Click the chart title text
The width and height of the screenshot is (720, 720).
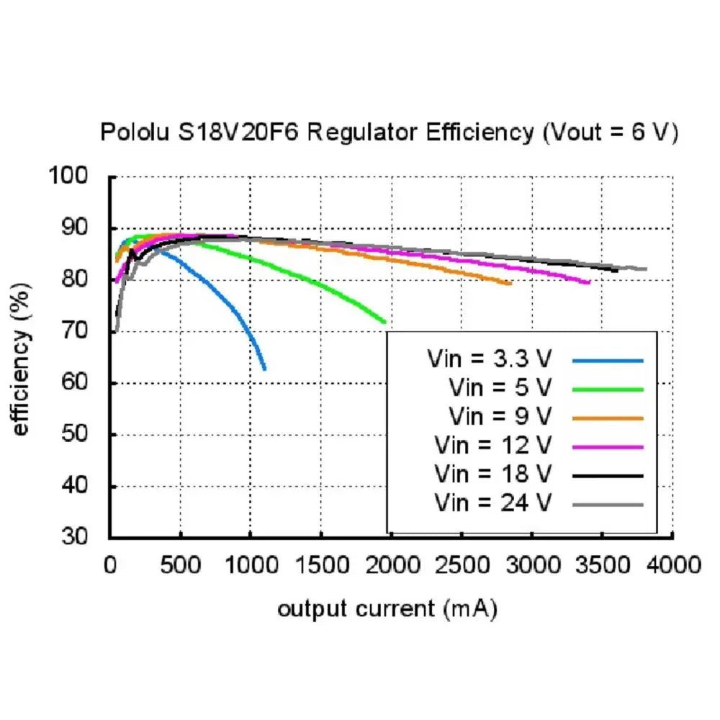point(389,133)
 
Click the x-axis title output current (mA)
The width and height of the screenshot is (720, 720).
point(387,608)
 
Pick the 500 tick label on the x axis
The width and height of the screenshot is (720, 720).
point(180,563)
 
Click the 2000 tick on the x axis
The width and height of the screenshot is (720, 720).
point(391,563)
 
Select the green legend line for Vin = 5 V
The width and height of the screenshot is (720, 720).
point(608,389)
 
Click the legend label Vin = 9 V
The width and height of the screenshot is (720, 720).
point(500,417)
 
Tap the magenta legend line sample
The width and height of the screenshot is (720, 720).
point(608,446)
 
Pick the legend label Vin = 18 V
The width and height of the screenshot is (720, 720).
point(493,474)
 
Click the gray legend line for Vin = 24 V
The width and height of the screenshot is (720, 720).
point(608,504)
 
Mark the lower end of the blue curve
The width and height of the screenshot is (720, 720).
point(265,369)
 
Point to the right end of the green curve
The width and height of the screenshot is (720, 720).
point(385,322)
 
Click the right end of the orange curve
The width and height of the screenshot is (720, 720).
point(510,284)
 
